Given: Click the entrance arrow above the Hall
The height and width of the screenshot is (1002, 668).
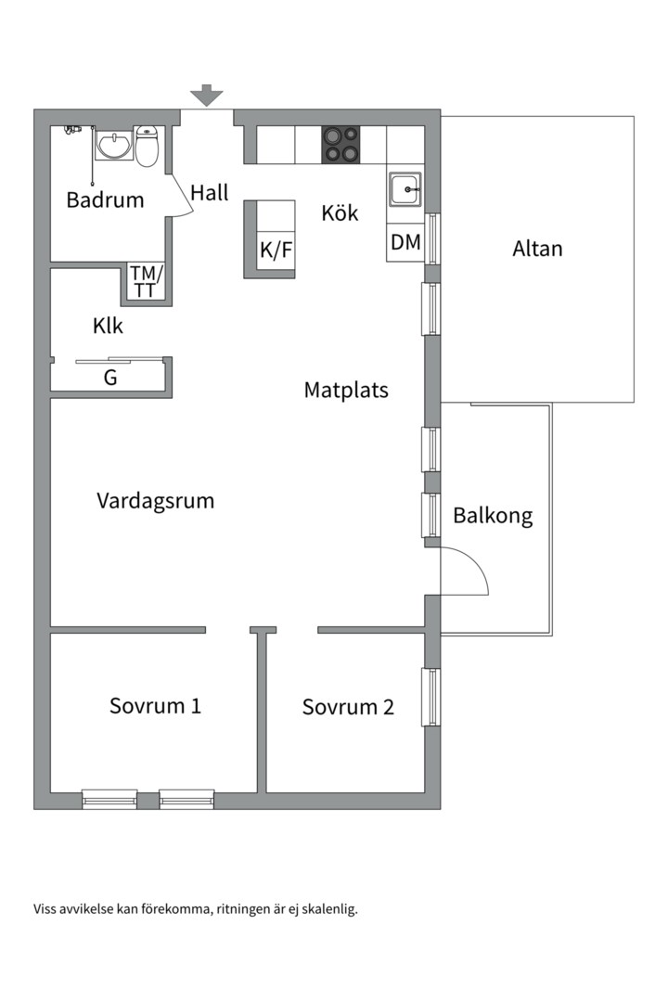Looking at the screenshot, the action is pos(207,96).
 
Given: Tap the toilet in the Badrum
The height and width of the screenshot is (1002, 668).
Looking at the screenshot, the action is pos(147,146).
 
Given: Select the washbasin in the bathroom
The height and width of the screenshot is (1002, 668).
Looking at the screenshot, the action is pos(114,144).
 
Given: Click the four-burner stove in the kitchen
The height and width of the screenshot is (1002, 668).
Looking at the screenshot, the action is pos(340,145).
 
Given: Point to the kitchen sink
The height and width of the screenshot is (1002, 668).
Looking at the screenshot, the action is pos(405,190).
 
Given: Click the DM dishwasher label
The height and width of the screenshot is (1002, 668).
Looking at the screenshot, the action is pos(406,242).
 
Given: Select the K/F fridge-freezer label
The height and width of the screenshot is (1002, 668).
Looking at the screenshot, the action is pos(276,250).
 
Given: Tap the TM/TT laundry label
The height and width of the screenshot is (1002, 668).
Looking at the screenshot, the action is pos(147,282).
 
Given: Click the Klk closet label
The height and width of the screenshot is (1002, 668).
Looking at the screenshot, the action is pos(108,326).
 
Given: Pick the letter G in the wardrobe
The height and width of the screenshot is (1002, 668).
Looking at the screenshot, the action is pos(110,378).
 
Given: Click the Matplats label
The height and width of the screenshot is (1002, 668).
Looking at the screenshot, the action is pos(346,390).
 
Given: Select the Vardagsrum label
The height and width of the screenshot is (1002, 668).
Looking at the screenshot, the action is pos(155,500).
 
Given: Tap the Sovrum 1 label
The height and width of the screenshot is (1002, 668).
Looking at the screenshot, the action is pos(155,705).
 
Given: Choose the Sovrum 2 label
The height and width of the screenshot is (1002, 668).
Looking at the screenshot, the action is pos(348,707).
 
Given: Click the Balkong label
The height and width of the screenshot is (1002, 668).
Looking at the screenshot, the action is pos(493,516).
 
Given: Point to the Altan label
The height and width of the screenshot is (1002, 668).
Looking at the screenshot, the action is pos(537,249).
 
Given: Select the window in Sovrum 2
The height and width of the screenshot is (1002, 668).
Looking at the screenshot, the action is pos(430,697).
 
